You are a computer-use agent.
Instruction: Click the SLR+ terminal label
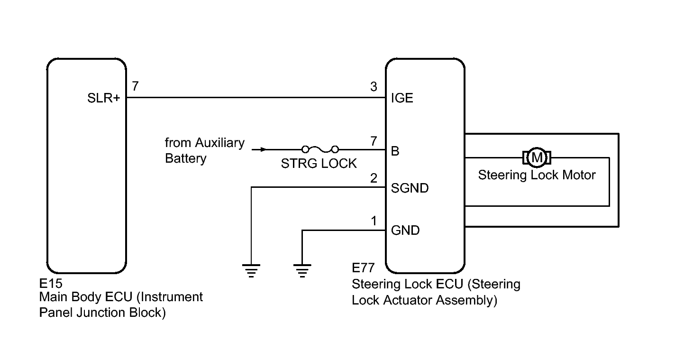click(103, 98)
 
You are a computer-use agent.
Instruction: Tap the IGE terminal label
click(402, 98)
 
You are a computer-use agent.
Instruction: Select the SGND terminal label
click(410, 188)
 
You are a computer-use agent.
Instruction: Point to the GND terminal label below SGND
click(405, 231)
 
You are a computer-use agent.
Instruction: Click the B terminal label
click(395, 151)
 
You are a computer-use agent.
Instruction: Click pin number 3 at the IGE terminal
click(374, 87)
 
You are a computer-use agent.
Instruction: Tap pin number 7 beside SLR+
click(136, 86)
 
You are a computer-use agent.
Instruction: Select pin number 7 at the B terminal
click(374, 140)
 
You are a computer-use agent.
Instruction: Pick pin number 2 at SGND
click(374, 178)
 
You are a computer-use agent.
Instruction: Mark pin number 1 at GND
click(374, 221)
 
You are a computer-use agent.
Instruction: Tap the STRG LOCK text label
click(319, 164)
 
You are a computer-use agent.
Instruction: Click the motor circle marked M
click(537, 157)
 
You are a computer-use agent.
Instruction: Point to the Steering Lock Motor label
click(537, 175)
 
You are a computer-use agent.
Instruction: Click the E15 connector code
click(51, 284)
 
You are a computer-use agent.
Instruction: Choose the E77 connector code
click(363, 269)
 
